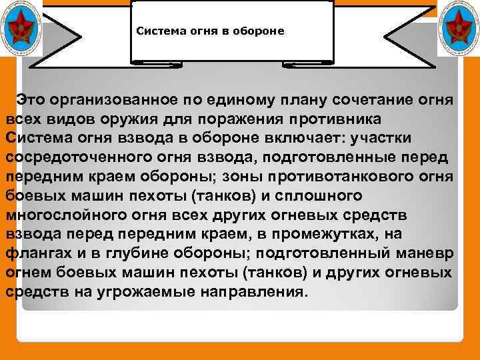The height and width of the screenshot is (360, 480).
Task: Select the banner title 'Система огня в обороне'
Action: (210, 31)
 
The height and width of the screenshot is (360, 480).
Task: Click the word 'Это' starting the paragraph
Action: (31, 100)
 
